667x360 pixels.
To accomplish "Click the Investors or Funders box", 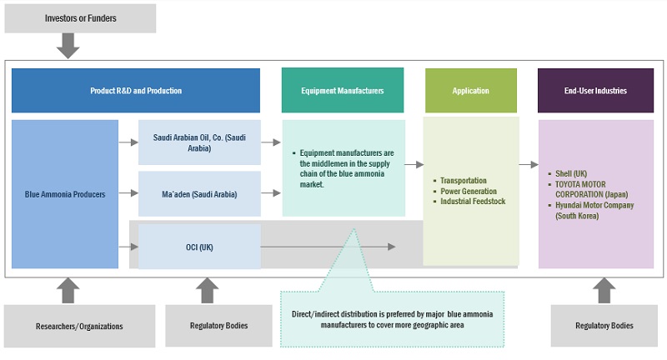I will pyautogui.click(x=80, y=18).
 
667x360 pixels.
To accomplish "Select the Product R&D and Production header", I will pyautogui.click(x=136, y=91).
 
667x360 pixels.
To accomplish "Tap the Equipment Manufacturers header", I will pyautogui.click(x=343, y=91).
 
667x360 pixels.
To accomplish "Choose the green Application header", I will pyautogui.click(x=470, y=91).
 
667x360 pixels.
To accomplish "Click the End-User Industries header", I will pyautogui.click(x=595, y=91).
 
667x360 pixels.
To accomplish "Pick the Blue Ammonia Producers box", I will pyautogui.click(x=65, y=194).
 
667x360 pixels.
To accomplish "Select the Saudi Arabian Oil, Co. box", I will pyautogui.click(x=199, y=142).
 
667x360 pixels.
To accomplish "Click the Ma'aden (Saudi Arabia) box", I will pyautogui.click(x=199, y=194).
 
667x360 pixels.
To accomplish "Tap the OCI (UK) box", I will pyautogui.click(x=199, y=246).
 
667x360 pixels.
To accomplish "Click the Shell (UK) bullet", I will pyautogui.click(x=574, y=174).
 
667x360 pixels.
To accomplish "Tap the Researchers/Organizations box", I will pyautogui.click(x=80, y=326).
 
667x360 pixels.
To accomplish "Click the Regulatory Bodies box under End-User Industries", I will pyautogui.click(x=604, y=326).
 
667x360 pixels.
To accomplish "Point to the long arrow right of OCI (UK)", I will pyautogui.click(x=328, y=247).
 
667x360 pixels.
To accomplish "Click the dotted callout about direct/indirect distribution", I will pyautogui.click(x=392, y=318).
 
